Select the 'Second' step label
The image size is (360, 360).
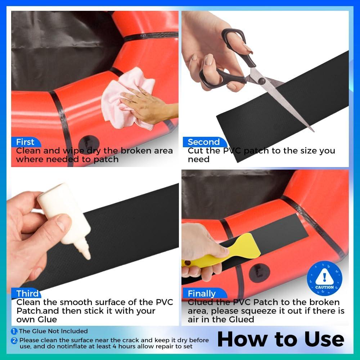click(203, 142)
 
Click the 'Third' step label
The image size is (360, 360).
click(27, 293)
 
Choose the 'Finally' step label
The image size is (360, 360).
click(202, 293)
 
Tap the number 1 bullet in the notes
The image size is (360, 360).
click(14, 331)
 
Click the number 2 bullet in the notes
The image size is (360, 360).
click(14, 340)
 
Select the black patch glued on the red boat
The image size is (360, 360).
click(284, 230)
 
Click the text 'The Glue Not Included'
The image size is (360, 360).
click(53, 331)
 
